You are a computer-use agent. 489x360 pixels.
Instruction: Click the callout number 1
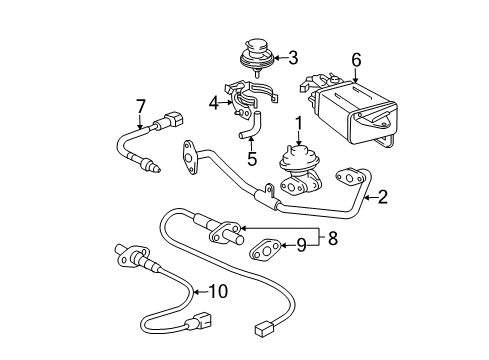click(298, 123)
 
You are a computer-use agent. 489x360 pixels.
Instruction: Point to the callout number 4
click(213, 101)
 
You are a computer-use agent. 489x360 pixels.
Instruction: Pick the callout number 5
click(252, 157)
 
